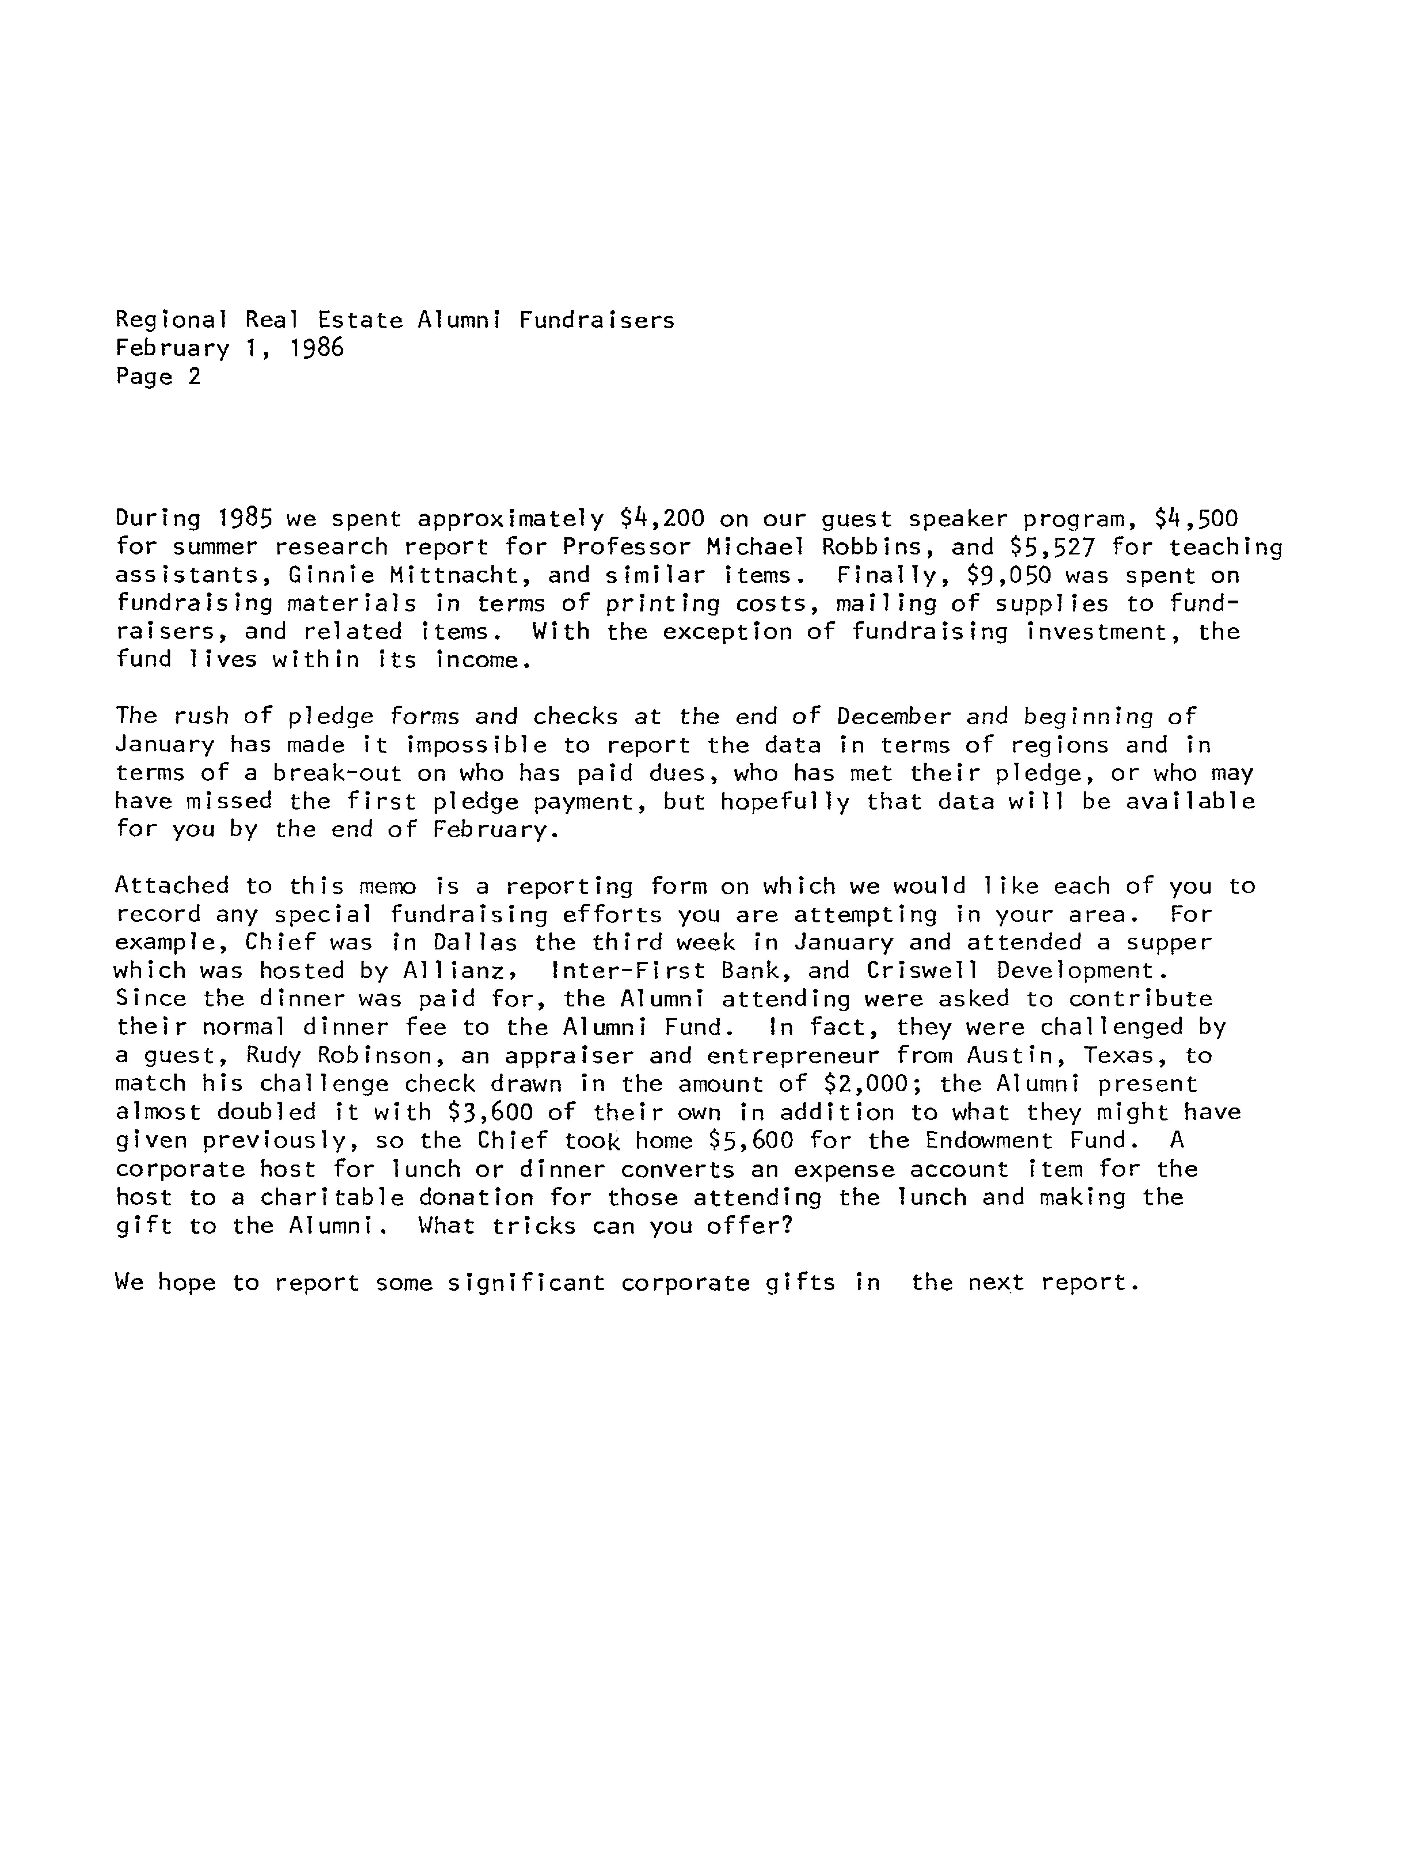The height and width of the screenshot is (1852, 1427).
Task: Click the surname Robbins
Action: point(871,547)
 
